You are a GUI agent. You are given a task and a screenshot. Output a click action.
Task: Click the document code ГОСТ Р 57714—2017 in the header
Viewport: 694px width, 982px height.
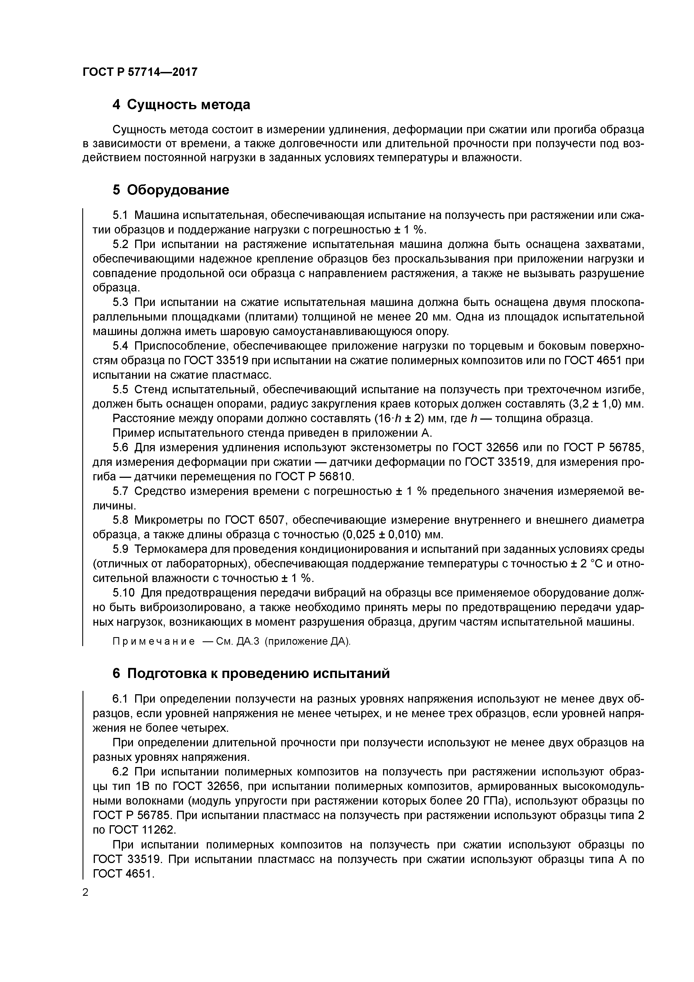click(x=140, y=72)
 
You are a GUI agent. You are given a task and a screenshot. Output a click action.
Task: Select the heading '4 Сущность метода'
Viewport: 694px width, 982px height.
click(x=181, y=104)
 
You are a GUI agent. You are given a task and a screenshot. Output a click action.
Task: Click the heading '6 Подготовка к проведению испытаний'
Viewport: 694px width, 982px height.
click(x=251, y=674)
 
